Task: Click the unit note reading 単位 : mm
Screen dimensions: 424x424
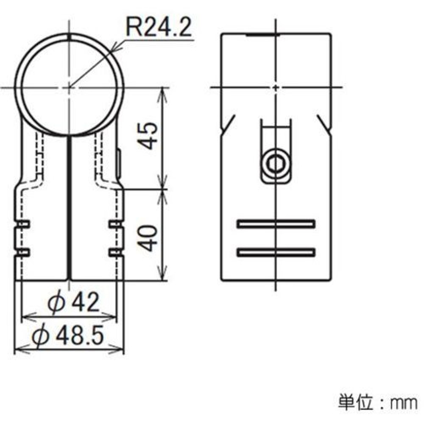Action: pos(377,402)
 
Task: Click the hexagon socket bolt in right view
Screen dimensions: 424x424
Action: pos(276,162)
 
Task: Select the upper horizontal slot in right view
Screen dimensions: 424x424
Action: pos(276,223)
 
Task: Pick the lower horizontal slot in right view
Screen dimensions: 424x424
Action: pos(276,252)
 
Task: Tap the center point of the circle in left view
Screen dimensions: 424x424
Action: pos(68,87)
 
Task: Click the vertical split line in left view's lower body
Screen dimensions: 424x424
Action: pos(68,208)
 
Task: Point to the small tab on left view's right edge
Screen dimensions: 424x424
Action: pos(118,164)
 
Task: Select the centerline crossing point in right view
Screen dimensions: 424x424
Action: pos(276,87)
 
